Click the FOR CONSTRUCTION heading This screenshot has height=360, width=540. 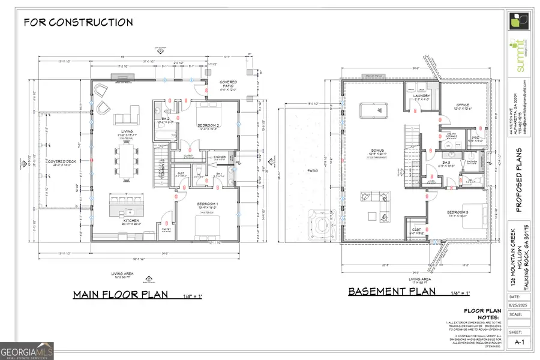[78, 23]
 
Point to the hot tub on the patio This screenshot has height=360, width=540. [321, 224]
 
